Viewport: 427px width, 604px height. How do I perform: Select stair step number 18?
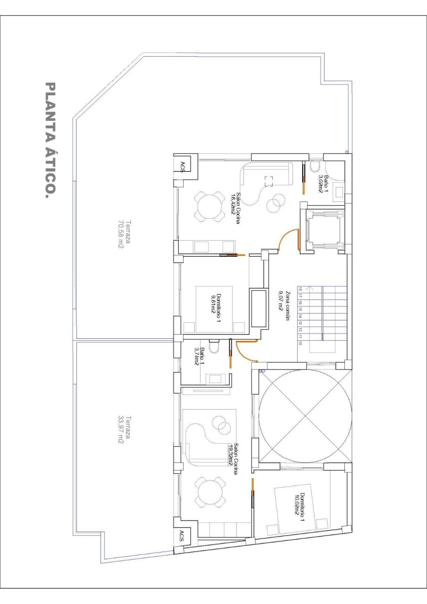pyautogui.click(x=300, y=290)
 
